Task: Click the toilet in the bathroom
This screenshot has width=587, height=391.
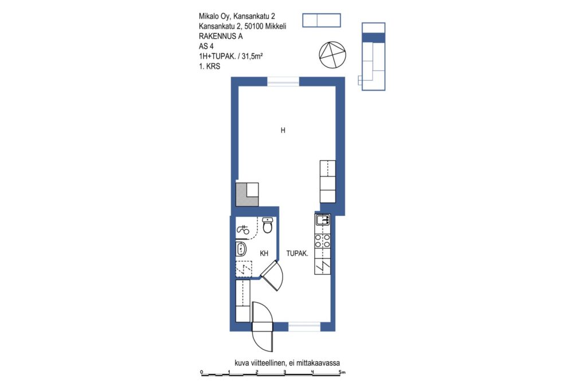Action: tap(267, 225)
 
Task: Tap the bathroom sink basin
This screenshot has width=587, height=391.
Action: tap(241, 248)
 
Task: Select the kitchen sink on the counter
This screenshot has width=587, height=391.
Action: tap(322, 219)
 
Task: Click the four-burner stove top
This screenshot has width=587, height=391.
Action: tap(322, 240)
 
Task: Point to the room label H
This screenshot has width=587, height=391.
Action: tap(283, 130)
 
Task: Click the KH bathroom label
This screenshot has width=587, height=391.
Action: tap(264, 254)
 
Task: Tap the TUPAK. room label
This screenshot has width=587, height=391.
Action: tap(298, 254)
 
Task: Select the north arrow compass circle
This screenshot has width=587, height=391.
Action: tap(332, 55)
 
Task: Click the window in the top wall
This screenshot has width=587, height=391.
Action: tap(283, 81)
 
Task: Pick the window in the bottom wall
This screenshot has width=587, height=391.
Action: tap(304, 327)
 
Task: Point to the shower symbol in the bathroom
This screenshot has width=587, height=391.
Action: tap(243, 230)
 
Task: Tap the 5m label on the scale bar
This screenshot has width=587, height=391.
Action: tap(342, 372)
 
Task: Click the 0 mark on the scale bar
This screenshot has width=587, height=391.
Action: tap(201, 372)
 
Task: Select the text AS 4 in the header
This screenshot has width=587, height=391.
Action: tap(206, 46)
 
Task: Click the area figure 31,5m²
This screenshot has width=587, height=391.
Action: tap(252, 57)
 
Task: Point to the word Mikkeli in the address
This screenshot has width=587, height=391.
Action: tap(276, 26)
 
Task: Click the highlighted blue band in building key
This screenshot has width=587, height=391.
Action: tap(373, 37)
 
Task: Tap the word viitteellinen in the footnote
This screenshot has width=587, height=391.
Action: tap(266, 362)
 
